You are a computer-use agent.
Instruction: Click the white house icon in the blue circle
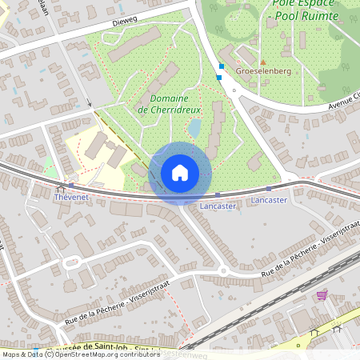pos(180,172)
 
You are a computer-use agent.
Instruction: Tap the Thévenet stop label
pos(70,195)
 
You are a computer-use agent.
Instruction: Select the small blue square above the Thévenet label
pos(71,185)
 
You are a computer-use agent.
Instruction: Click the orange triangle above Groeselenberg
pos(262,61)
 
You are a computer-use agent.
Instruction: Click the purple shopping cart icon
pos(321,294)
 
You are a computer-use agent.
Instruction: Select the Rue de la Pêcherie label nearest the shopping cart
pos(295,258)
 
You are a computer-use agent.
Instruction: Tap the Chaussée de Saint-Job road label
pos(88,349)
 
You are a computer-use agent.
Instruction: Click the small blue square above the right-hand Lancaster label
pos(269,188)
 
